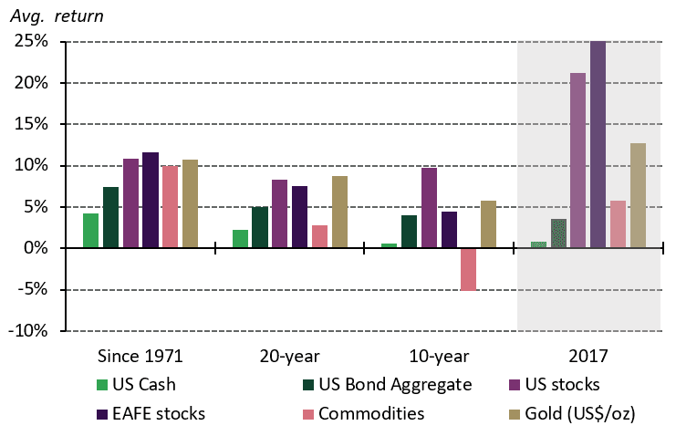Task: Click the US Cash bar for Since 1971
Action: coord(90,231)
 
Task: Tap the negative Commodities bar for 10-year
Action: coord(468,269)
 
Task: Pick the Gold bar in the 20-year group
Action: coord(339,212)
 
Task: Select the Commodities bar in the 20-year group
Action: coord(319,236)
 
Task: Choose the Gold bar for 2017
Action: coord(638,195)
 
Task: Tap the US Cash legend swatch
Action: coord(101,385)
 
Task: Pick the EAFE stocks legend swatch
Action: coord(101,413)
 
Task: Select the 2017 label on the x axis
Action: coord(588,355)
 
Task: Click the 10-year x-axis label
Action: coord(437,355)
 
